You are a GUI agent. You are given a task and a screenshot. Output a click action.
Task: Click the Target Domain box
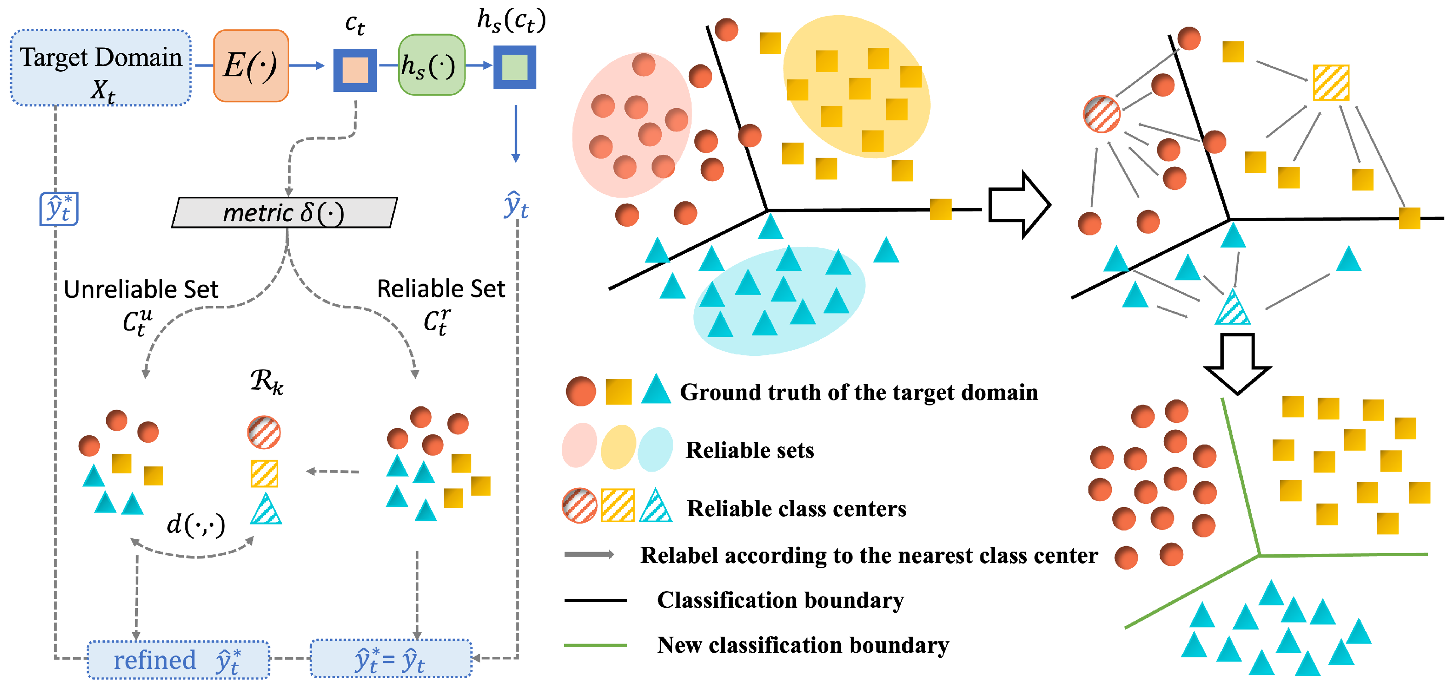(100, 68)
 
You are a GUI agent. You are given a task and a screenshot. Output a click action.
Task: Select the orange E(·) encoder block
(251, 66)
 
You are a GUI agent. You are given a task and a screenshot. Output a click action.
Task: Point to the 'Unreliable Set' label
(141, 290)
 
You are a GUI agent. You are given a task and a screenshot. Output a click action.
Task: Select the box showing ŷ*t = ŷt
(390, 659)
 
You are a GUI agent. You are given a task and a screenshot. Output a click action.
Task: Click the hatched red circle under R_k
(264, 432)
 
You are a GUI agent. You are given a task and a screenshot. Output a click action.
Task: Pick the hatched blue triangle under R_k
(265, 509)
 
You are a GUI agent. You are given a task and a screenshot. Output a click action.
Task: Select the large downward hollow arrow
(1237, 363)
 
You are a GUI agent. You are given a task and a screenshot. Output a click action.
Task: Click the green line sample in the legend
(595, 645)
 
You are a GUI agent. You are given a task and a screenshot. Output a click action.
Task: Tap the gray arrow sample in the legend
(589, 554)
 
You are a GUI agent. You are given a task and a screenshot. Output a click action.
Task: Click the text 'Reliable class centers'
(796, 509)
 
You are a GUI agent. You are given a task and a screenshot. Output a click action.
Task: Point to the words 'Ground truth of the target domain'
(858, 392)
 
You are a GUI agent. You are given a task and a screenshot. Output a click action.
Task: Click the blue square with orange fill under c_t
(355, 70)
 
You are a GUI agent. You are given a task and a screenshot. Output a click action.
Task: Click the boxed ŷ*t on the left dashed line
(59, 209)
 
